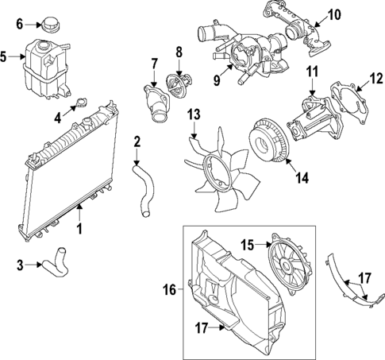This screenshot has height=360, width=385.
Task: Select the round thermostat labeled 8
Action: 178,83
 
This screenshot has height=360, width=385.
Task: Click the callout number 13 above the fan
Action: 193,117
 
